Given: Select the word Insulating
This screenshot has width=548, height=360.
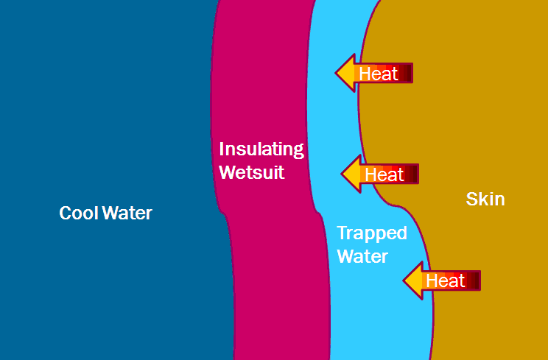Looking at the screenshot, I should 261,150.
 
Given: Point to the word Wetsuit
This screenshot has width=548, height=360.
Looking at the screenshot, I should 252,174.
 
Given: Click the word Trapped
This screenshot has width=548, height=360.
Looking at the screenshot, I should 372,233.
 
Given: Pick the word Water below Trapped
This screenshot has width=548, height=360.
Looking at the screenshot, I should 362,257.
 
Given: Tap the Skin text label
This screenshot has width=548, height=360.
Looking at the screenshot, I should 485,199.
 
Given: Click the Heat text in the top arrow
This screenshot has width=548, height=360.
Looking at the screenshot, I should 379,74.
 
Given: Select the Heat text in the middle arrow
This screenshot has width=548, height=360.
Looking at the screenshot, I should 384,174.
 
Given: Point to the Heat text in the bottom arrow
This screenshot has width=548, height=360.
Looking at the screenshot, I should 446,280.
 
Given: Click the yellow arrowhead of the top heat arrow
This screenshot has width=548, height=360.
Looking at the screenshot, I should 346,73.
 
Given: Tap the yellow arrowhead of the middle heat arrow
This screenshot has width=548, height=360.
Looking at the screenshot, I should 351,174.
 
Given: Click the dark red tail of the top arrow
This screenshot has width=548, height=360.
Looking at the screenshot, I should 407,74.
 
